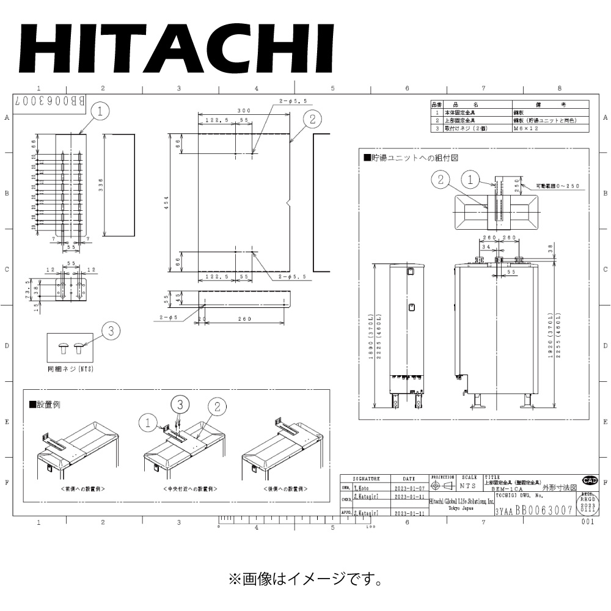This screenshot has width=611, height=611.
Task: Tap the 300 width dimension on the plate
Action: pyautogui.click(x=244, y=111)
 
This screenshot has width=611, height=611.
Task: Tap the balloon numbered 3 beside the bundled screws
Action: pyautogui.click(x=111, y=331)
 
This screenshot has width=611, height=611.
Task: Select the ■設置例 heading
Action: pyautogui.click(x=45, y=404)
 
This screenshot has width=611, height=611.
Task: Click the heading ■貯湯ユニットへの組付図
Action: pyautogui.click(x=411, y=158)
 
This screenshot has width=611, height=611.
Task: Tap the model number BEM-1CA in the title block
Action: pyautogui.click(x=507, y=489)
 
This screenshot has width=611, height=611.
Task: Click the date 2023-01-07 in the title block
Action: pyautogui.click(x=408, y=489)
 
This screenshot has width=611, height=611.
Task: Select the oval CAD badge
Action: pyautogui.click(x=590, y=480)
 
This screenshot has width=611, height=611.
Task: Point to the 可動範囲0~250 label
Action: pyautogui.click(x=557, y=185)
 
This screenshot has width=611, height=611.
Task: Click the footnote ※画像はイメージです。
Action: pyautogui.click(x=306, y=577)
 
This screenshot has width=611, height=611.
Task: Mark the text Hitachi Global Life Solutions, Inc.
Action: pyautogui.click(x=461, y=501)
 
